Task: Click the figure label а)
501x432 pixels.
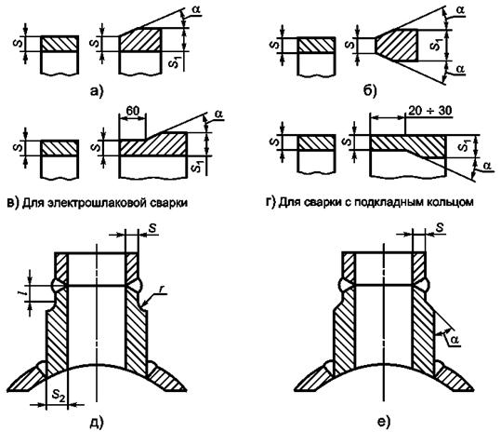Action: pyautogui.click(x=97, y=92)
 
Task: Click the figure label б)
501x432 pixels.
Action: pyautogui.click(x=370, y=91)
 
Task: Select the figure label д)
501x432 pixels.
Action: pyautogui.click(x=97, y=422)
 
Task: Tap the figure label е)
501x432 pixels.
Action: pyautogui.click(x=384, y=422)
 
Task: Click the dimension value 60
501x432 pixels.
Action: pyautogui.click(x=133, y=111)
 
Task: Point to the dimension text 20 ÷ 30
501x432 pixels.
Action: pyautogui.click(x=430, y=111)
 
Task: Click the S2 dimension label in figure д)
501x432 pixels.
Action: pyautogui.click(x=59, y=396)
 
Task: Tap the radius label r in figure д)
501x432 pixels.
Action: pyautogui.click(x=162, y=289)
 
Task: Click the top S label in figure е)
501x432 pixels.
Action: pyautogui.click(x=440, y=228)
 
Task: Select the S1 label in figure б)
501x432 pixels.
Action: pyautogui.click(x=436, y=44)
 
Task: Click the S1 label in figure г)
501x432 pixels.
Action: pyautogui.click(x=464, y=146)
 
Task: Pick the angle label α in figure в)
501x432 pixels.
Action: pyautogui.click(x=218, y=115)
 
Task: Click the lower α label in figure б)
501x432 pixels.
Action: pyautogui.click(x=461, y=69)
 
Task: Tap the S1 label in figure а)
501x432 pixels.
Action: pyautogui.click(x=174, y=61)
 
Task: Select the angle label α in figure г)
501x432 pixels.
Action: pyautogui.click(x=487, y=167)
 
